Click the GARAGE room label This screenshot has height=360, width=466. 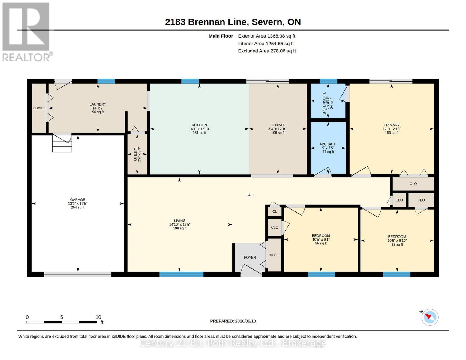coord(77,199)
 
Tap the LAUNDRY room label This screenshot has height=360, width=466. coord(98,104)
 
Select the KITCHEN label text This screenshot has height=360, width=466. coord(199,125)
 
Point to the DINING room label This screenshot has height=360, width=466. coord(278,125)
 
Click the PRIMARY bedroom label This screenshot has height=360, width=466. coord(392,125)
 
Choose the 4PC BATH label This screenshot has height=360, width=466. coord(328,144)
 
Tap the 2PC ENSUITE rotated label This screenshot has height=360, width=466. coord(324,103)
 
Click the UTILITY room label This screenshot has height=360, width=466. coord(135,154)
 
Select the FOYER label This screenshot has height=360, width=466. coord(250,257)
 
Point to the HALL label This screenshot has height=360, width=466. coord(250,195)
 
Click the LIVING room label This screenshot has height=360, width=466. coord(180,220)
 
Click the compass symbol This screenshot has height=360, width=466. coord(430,317)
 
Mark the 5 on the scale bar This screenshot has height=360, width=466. coord(62,317)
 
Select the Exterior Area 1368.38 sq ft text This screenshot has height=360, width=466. coord(266,36)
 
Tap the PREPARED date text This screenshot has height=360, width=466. coord(233,321)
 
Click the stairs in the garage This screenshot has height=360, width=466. coord(62,143)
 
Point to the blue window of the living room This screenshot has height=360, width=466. coord(182,274)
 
